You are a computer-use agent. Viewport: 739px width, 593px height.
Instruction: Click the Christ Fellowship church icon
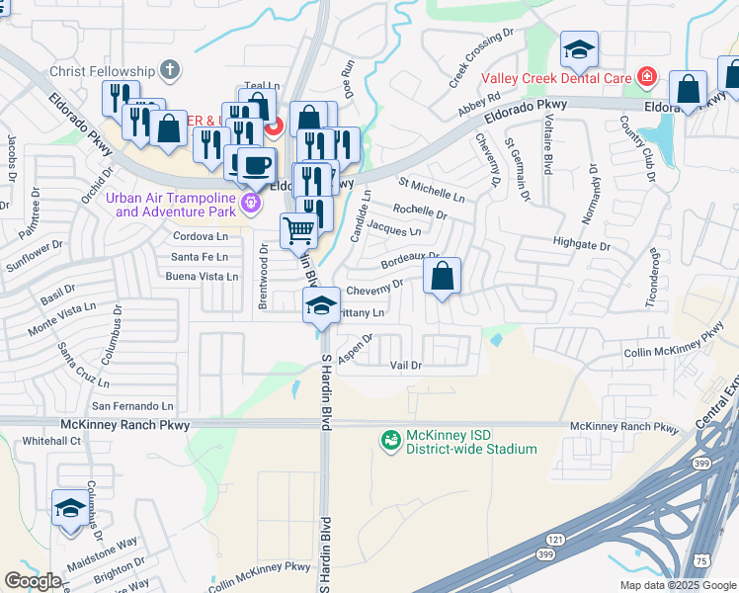pos(170,70)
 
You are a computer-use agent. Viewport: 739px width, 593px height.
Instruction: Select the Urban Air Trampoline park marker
pos(251,203)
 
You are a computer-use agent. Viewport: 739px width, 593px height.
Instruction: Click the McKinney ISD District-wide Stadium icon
pos(391,439)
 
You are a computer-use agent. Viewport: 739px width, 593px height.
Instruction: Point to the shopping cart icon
pos(298,231)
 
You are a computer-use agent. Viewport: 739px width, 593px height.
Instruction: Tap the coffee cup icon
pos(256,164)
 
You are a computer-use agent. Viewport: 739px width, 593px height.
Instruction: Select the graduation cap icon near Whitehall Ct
pos(69,508)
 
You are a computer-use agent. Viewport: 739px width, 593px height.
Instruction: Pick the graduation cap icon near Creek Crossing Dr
pos(579,48)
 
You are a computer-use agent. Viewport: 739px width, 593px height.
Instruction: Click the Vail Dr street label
pos(406,366)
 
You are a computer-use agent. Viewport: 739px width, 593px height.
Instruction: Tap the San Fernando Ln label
pos(132,405)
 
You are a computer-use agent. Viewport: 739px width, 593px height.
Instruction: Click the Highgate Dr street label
pos(582,243)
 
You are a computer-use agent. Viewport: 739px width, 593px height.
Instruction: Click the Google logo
pos(33,581)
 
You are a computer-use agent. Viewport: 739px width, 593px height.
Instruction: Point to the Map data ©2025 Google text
pos(677,585)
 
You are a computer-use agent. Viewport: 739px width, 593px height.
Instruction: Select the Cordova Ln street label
pos(200,236)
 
